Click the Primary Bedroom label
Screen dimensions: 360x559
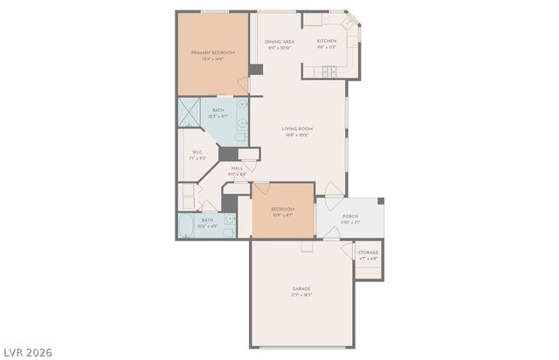214,52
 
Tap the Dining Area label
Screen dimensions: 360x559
279,41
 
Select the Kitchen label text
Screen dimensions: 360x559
327,41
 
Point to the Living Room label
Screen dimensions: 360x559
297,128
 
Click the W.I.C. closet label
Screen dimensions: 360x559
197,152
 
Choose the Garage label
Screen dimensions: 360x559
301,288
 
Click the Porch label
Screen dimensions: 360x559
350,216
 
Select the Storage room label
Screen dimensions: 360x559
368,253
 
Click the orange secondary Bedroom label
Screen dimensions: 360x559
282,209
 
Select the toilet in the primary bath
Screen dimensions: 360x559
242,137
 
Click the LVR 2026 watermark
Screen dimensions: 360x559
27,352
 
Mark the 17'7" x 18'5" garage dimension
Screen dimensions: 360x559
301,294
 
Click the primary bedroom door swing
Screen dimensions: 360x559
242,86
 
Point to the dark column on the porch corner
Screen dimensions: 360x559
381,199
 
